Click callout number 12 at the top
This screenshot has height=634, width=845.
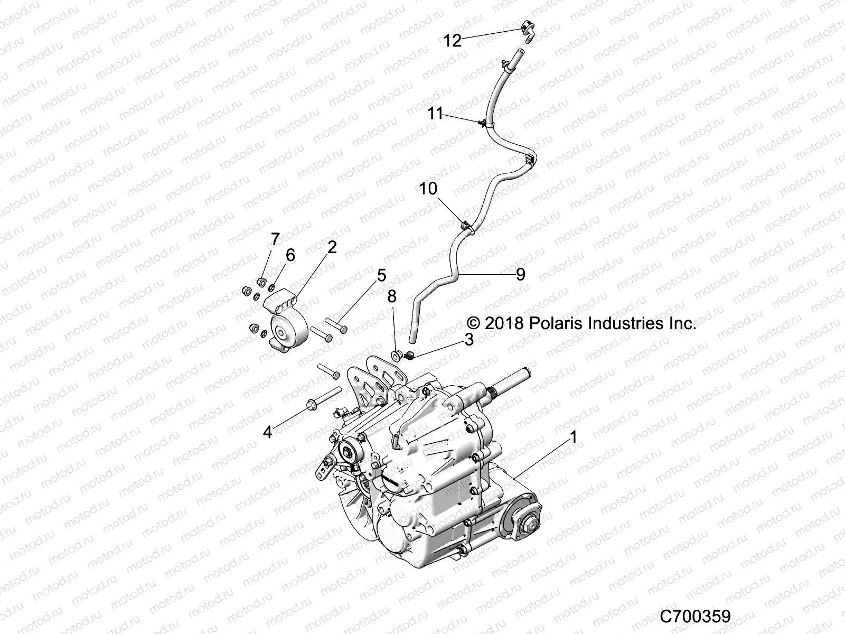pyautogui.click(x=453, y=40)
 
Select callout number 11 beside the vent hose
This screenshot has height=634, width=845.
pyautogui.click(x=435, y=113)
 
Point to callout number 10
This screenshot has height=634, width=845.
pyautogui.click(x=428, y=189)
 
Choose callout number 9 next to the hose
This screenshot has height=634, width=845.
pyautogui.click(x=520, y=274)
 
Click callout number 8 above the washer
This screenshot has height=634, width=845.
pyautogui.click(x=391, y=297)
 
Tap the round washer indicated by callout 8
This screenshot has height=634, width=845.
pyautogui.click(x=395, y=353)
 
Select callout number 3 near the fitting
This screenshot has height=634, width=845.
pyautogui.click(x=468, y=340)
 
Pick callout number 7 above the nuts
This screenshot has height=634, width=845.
pyautogui.click(x=275, y=239)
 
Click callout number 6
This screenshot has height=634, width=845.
pyautogui.click(x=290, y=255)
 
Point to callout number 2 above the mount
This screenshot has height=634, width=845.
pyautogui.click(x=332, y=247)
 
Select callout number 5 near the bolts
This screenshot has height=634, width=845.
pyautogui.click(x=381, y=275)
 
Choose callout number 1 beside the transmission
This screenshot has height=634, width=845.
pyautogui.click(x=573, y=437)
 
